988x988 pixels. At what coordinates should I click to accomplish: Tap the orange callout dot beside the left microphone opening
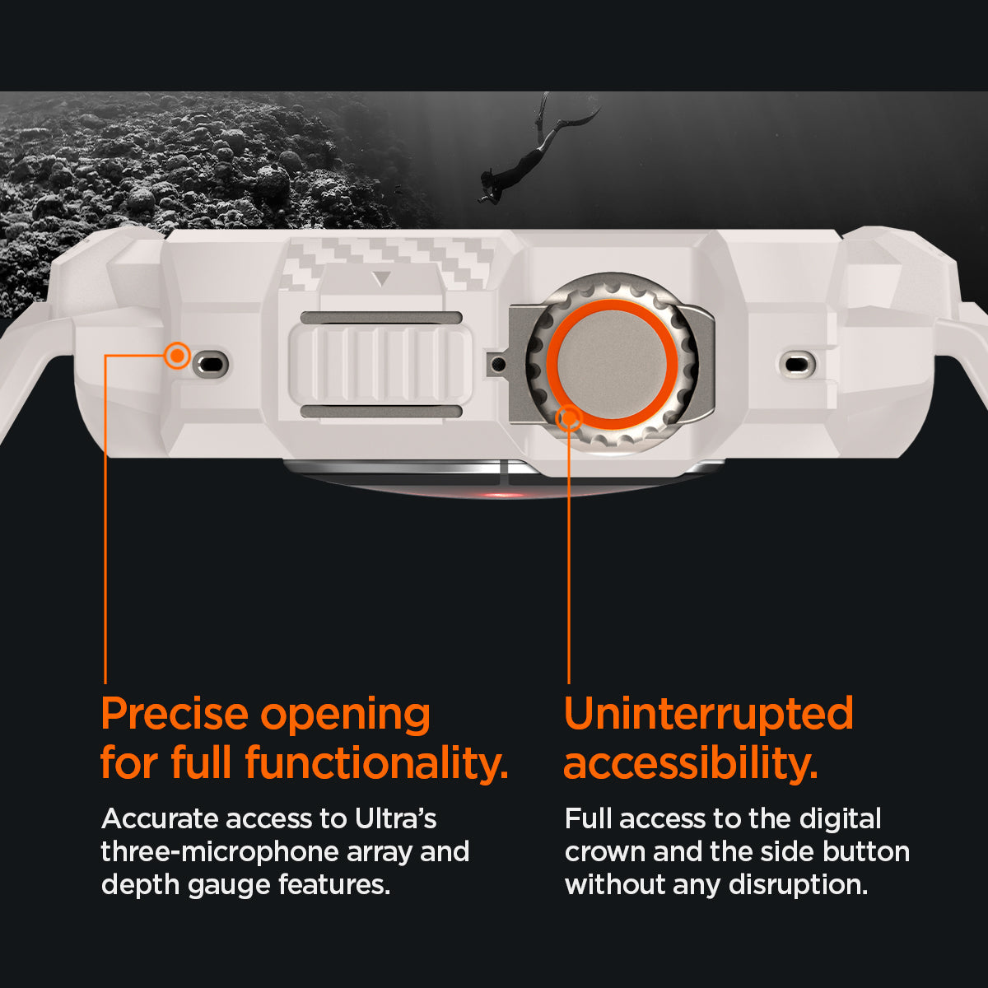coord(177,356)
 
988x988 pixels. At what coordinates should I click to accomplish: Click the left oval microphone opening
coord(212,365)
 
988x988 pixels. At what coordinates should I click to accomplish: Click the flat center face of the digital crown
coord(613,365)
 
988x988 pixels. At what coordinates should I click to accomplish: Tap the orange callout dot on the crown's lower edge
coord(569,418)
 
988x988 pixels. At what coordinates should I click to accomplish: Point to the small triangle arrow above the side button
coord(381,279)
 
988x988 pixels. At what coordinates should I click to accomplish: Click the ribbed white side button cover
coord(380,365)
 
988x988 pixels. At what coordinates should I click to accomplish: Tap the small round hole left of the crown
coord(496,365)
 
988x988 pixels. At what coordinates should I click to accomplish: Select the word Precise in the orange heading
coord(175,714)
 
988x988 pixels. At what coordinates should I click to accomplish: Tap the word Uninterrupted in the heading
coord(709,714)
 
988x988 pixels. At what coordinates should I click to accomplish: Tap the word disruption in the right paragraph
coord(799,886)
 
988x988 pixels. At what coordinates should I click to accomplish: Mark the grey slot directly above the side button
coord(381,318)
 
